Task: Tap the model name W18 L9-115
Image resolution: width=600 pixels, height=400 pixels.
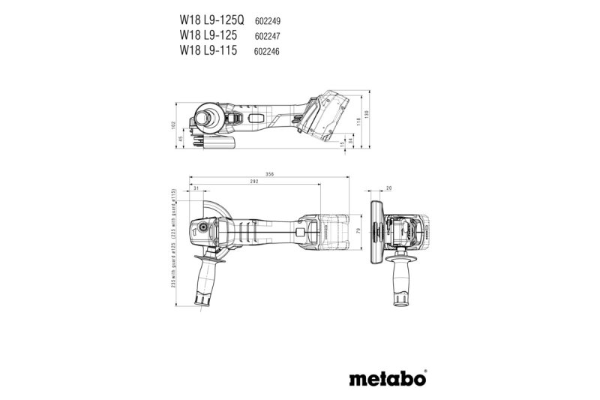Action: [x=210, y=50]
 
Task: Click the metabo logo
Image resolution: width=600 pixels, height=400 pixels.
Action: [x=388, y=377]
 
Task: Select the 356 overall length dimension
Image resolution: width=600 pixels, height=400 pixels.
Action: [x=268, y=174]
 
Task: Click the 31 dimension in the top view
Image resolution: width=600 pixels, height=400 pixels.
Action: [x=196, y=190]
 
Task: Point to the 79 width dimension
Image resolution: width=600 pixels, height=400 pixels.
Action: [x=358, y=230]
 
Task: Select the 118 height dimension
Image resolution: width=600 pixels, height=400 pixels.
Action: [x=358, y=121]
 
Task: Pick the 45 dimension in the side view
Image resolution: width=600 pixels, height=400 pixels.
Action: [x=181, y=137]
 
